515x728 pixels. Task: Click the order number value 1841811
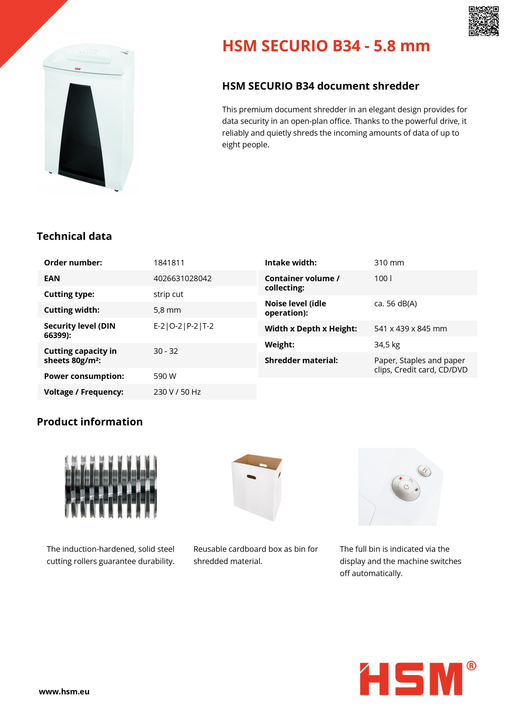pos(169,262)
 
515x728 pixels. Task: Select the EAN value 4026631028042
pos(182,278)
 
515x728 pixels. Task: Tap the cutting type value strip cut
pos(168,294)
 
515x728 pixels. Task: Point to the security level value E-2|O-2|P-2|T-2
pos(183,326)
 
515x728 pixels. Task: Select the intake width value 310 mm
pos(389,262)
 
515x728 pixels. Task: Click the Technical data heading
pos(74,236)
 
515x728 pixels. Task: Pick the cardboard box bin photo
pos(257,487)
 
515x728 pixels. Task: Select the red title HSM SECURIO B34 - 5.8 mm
pos(326,46)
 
